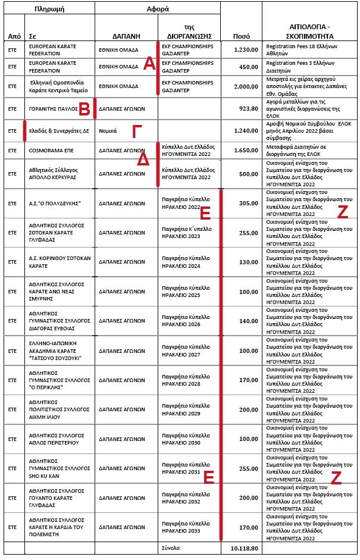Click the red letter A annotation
[x=149, y=64]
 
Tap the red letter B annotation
[x=84, y=108]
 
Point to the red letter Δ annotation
[x=143, y=160]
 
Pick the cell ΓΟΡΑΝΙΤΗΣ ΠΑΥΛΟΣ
[x=54, y=108]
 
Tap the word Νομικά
[x=108, y=130]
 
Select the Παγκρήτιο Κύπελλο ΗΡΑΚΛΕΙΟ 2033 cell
[x=186, y=527]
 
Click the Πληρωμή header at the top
[x=49, y=9]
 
